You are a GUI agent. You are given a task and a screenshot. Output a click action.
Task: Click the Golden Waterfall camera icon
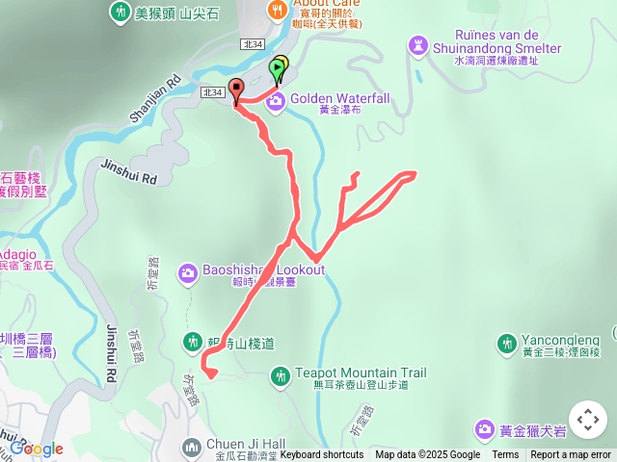pyautogui.click(x=276, y=100)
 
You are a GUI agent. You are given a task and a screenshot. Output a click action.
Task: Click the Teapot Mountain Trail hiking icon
pyautogui.click(x=281, y=374)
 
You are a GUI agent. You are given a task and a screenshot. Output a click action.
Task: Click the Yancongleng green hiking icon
pyautogui.click(x=506, y=343)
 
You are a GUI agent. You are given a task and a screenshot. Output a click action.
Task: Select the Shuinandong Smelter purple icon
pyautogui.click(x=417, y=44)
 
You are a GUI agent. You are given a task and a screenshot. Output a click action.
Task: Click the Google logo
pyautogui.click(x=36, y=449)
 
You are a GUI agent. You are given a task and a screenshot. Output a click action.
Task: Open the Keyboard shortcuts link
pyautogui.click(x=322, y=455)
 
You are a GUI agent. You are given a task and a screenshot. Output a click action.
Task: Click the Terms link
pyautogui.click(x=505, y=455)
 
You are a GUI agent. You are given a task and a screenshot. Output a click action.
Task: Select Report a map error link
pyautogui.click(x=571, y=455)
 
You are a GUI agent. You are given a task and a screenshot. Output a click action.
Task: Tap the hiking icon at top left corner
pyautogui.click(x=120, y=13)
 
